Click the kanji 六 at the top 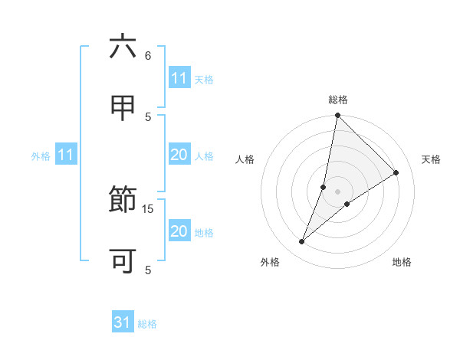123,47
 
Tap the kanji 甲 123,107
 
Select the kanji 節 123,201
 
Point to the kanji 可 123,260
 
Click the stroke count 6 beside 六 147,56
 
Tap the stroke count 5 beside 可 147,270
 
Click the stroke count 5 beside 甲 148,116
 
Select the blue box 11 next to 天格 179,78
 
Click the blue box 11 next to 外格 66,155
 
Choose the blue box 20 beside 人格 179,155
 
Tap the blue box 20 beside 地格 179,232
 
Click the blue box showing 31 123,323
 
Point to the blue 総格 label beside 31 147,324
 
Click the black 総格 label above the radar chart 337,100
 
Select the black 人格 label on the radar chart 245,159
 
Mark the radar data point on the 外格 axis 301,242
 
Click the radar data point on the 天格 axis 396,173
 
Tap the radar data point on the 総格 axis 337,116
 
